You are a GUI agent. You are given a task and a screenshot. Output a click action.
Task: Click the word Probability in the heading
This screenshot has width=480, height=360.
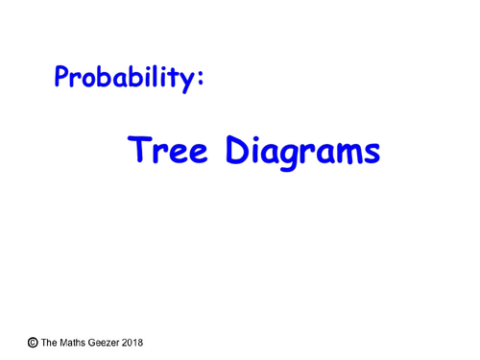point(125,78)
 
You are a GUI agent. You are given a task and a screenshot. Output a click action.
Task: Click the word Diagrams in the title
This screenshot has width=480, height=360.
point(302,153)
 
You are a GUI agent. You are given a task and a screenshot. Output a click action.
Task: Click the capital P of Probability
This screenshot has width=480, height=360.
point(63,76)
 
